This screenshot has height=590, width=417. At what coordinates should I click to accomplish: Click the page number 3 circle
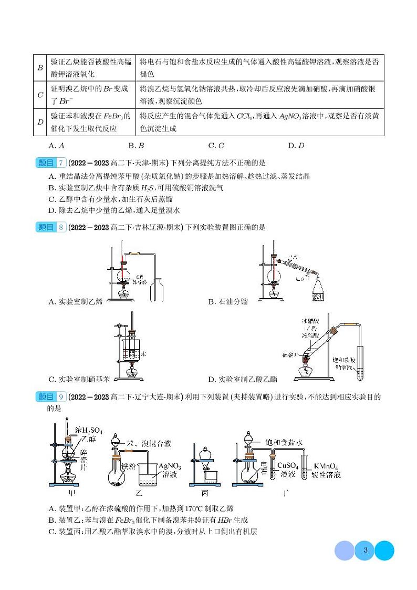pyautogui.click(x=364, y=551)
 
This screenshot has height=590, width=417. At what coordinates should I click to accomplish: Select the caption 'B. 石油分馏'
pyautogui.click(x=228, y=301)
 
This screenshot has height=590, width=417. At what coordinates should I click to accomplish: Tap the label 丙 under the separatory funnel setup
pyautogui.click(x=205, y=494)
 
